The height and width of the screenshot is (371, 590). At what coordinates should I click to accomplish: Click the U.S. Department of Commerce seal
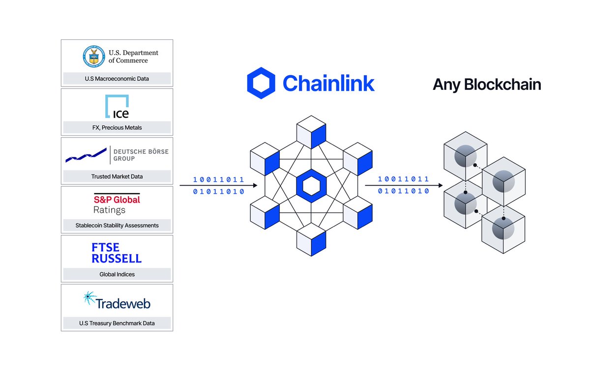click(x=93, y=57)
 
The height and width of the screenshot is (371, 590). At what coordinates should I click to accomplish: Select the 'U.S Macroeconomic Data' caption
click(x=117, y=79)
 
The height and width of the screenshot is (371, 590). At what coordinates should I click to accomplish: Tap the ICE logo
click(x=118, y=107)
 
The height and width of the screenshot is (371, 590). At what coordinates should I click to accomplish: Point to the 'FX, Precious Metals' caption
click(x=117, y=128)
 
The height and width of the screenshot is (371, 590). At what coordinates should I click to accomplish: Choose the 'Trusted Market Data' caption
click(x=117, y=176)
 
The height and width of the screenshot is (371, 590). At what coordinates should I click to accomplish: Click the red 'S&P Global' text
click(x=117, y=200)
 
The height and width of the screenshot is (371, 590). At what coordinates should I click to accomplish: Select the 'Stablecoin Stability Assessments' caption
click(x=117, y=226)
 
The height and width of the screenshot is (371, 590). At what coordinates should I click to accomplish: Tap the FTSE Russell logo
click(x=117, y=253)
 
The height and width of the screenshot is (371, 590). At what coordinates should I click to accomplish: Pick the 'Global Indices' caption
click(x=117, y=274)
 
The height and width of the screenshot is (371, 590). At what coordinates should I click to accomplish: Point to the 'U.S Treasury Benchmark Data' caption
click(x=117, y=323)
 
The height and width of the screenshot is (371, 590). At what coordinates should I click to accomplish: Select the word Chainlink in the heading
click(x=328, y=83)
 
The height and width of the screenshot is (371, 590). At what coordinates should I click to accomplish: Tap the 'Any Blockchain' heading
click(x=486, y=85)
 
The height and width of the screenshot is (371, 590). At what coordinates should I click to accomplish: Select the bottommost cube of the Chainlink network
click(x=311, y=241)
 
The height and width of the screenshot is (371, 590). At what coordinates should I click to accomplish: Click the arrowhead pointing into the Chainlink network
click(x=255, y=186)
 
